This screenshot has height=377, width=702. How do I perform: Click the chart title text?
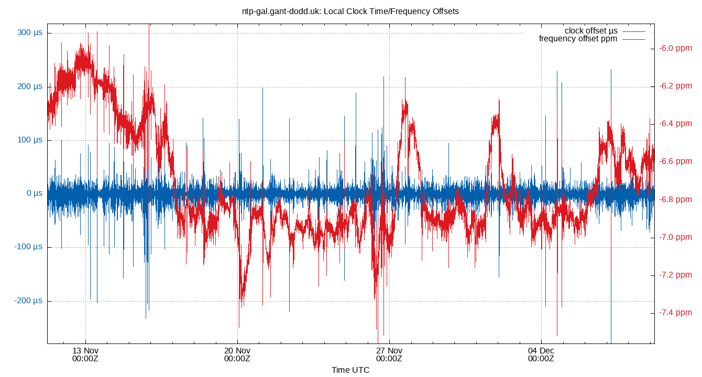pyautogui.click(x=350, y=11)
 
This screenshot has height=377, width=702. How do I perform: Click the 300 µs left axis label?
pyautogui.click(x=30, y=33)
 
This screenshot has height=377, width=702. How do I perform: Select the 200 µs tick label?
pyautogui.click(x=30, y=86)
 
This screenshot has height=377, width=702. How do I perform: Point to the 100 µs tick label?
pyautogui.click(x=30, y=140)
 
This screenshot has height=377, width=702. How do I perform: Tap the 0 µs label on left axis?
pyautogui.click(x=34, y=194)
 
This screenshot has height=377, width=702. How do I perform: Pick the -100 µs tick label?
pyautogui.click(x=29, y=247)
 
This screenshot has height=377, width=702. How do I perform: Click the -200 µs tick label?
pyautogui.click(x=29, y=301)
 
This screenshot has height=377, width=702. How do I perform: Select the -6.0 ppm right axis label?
pyautogui.click(x=676, y=48)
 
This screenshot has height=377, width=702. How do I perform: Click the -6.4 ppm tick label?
pyautogui.click(x=676, y=124)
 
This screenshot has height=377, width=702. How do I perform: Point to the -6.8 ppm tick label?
pyautogui.click(x=676, y=199)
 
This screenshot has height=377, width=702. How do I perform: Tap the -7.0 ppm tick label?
pyautogui.click(x=676, y=237)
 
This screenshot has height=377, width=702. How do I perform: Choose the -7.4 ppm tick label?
pyautogui.click(x=676, y=313)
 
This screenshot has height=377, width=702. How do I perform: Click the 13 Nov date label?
pyautogui.click(x=85, y=354)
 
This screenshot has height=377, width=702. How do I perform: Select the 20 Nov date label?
pyautogui.click(x=237, y=354)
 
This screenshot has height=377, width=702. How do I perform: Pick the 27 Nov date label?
pyautogui.click(x=389, y=354)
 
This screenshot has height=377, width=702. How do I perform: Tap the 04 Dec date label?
pyautogui.click(x=541, y=354)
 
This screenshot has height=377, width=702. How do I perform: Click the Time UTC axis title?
pyautogui.click(x=350, y=370)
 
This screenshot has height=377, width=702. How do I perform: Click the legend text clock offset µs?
pyautogui.click(x=591, y=31)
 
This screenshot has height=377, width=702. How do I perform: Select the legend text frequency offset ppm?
pyautogui.click(x=578, y=39)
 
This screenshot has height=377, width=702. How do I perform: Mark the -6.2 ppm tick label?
pyautogui.click(x=676, y=86)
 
